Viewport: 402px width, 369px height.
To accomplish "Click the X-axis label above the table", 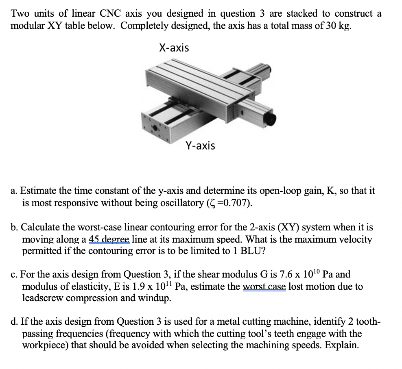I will (174, 48).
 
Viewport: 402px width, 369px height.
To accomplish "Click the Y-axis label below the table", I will (200, 145).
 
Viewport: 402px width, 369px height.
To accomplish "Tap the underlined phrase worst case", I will (264, 287).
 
